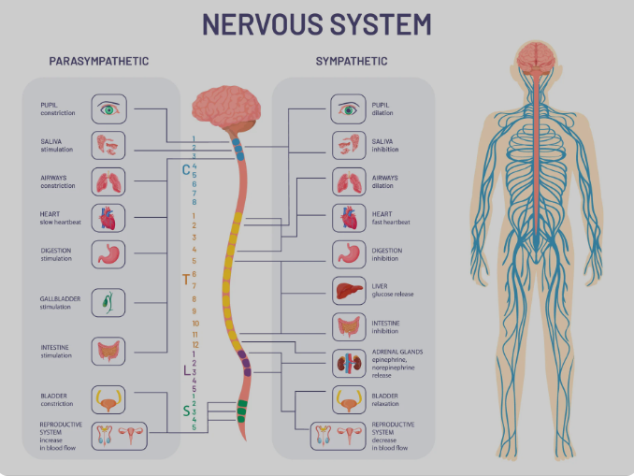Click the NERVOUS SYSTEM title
(317, 23)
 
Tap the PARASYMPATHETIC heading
(98, 62)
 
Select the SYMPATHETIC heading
(352, 62)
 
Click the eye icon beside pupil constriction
(108, 109)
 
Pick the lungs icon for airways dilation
(350, 181)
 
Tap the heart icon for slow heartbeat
(108, 218)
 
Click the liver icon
(350, 291)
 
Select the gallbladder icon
(108, 302)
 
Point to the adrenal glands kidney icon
(350, 363)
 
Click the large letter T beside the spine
(186, 279)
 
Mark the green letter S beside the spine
(186, 411)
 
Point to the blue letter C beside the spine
(186, 170)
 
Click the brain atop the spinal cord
(225, 108)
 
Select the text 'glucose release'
(393, 295)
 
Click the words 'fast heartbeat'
(392, 222)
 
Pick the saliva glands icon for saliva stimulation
(108, 145)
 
